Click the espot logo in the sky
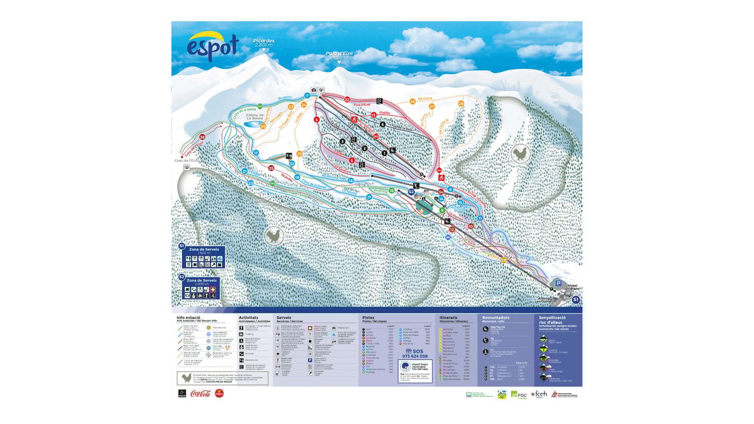(x=213, y=46)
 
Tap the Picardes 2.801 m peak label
(x=264, y=42)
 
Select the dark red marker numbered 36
(x=202, y=137)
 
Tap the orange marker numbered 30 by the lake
(x=263, y=126)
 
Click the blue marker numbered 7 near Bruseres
(x=307, y=95)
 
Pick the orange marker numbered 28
(x=460, y=104)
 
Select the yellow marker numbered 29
(x=504, y=260)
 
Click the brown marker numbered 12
(x=452, y=229)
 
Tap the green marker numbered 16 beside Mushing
(x=392, y=190)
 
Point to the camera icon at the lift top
(x=313, y=90)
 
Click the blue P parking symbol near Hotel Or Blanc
(x=558, y=283)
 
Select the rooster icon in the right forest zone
(x=520, y=154)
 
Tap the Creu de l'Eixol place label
(x=186, y=160)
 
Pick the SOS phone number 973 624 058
(x=415, y=356)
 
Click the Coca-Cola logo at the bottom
(x=200, y=393)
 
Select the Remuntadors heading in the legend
(x=495, y=318)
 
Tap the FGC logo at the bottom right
(x=519, y=395)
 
